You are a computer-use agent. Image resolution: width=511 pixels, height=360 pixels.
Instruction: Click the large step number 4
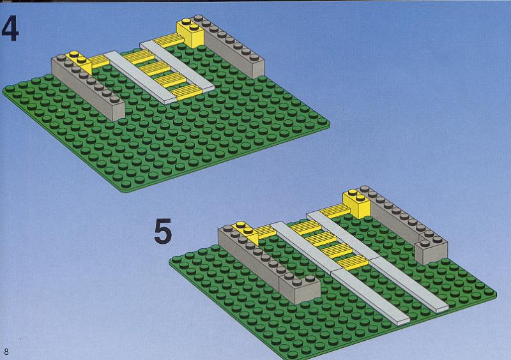pos(10,29)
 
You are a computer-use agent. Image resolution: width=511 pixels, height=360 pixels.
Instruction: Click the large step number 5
pos(163,231)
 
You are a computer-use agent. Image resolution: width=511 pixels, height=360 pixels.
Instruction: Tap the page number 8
pos(6,352)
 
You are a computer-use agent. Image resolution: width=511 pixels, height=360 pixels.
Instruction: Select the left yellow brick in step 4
pos(79,62)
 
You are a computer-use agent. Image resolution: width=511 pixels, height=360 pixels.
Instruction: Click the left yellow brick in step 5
pos(247,232)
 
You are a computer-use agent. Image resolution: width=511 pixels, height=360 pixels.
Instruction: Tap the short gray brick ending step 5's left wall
pos(300,289)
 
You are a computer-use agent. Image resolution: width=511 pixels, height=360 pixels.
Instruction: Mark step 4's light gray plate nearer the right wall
pos(177,66)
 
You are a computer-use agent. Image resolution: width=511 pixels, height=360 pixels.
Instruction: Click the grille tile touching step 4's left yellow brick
pos(100,61)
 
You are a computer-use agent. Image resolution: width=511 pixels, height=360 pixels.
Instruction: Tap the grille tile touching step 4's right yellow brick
pos(169,40)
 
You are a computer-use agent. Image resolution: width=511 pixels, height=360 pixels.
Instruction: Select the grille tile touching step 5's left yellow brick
pos(266,230)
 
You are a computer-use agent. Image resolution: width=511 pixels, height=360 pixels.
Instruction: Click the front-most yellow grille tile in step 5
pos(353,262)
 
